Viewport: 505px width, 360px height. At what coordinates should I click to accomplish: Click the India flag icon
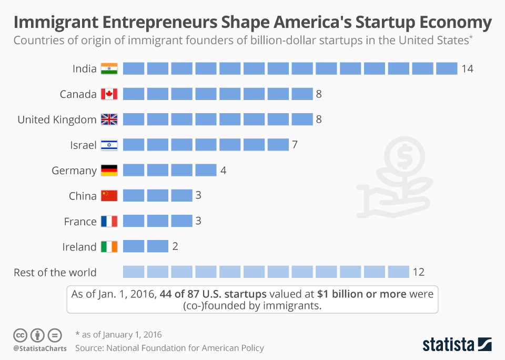pos(109,68)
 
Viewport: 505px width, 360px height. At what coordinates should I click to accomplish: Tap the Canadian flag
pos(109,94)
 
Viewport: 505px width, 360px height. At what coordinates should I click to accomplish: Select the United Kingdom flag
pos(109,119)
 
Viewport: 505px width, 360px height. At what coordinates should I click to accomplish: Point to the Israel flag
pos(109,145)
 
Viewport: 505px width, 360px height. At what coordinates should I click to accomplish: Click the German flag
pos(109,171)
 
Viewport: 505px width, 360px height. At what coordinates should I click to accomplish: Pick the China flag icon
pos(109,196)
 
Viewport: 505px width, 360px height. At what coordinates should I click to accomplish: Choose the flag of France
pos(109,222)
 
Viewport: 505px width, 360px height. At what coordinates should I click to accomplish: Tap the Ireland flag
pos(109,247)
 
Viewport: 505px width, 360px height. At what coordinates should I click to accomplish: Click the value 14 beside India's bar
pos(467,69)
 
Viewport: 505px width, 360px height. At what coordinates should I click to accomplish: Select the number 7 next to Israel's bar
pos(295,145)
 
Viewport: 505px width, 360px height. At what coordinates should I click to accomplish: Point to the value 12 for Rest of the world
pos(418,272)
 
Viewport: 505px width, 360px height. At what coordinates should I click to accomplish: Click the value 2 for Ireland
pos(175,247)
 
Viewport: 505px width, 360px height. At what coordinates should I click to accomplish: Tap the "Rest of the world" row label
pos(55,273)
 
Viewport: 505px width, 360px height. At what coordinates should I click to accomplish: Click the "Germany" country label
pos(74,171)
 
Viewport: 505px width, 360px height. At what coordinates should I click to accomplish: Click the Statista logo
pos(457,344)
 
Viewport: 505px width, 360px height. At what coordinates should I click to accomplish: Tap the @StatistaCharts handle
pos(40,348)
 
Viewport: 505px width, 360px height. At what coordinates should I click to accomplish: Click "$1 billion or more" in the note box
pos(362,294)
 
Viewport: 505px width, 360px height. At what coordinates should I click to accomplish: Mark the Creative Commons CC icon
pos(21,335)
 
